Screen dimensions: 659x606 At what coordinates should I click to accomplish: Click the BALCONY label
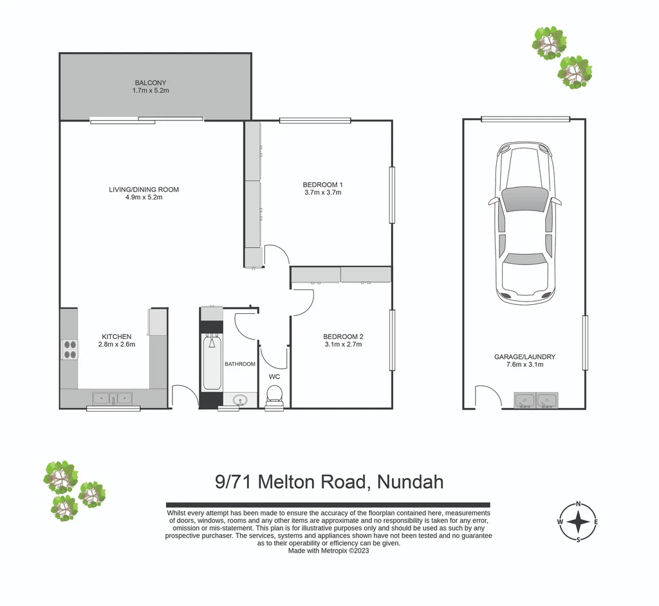151,83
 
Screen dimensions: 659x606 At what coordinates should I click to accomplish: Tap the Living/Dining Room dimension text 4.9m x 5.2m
144,197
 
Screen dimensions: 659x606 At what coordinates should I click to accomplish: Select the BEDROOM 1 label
323,185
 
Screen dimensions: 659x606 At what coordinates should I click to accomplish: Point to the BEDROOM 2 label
343,336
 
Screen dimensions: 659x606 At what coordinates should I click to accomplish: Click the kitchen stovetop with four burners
70,350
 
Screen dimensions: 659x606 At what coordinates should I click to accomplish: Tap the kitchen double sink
112,398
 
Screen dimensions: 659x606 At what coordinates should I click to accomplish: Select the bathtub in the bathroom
212,362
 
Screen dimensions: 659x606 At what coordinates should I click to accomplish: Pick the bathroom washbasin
240,399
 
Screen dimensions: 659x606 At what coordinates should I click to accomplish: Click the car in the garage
525,223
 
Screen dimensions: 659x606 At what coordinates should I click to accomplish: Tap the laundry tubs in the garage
536,400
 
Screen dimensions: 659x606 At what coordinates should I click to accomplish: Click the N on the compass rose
579,504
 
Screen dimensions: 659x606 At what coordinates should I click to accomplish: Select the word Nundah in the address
410,482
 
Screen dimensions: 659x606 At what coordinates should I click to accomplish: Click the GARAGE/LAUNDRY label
524,357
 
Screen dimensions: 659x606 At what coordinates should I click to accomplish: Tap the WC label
274,376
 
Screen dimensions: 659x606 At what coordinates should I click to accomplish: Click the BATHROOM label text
239,364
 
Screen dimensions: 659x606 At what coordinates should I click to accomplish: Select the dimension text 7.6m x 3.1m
525,364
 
